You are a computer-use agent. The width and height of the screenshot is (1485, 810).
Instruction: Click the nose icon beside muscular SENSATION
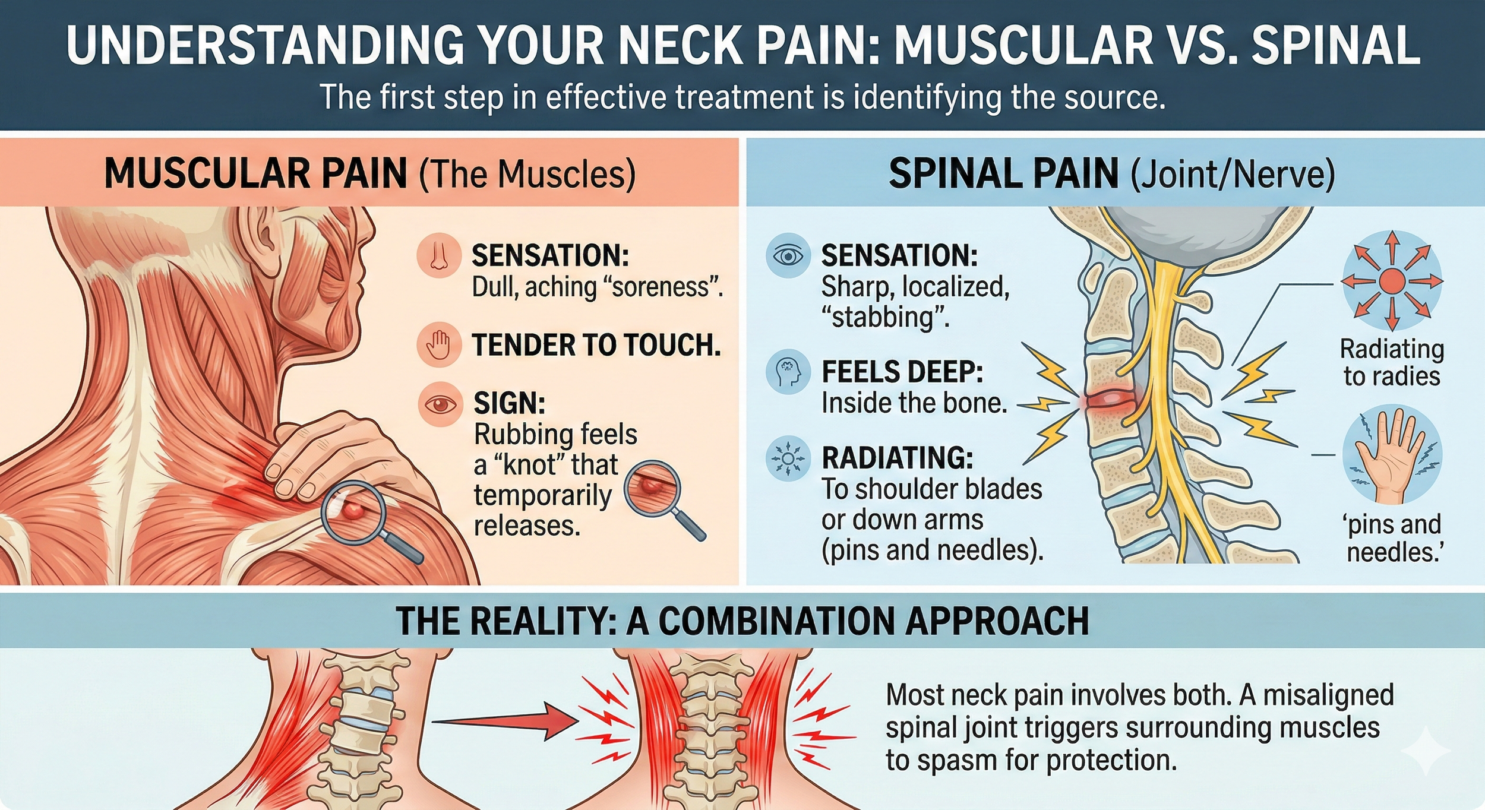click(x=439, y=256)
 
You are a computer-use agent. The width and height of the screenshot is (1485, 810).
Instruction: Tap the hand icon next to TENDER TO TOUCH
click(x=439, y=344)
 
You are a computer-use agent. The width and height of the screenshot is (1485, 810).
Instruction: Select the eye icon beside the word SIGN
click(x=440, y=404)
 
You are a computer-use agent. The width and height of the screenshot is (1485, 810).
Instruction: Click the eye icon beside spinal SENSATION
click(x=788, y=256)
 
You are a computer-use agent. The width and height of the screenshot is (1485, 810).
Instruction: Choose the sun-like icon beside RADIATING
click(x=788, y=458)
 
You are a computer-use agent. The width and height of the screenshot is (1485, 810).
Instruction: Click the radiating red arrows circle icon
click(x=1392, y=280)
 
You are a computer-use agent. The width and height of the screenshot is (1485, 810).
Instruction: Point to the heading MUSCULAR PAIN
click(x=256, y=173)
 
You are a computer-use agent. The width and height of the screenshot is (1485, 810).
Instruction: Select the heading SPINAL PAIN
click(x=1004, y=173)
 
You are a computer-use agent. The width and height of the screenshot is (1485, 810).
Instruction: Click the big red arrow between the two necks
click(x=505, y=722)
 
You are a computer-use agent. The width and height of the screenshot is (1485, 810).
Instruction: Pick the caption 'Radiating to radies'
click(x=1392, y=362)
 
